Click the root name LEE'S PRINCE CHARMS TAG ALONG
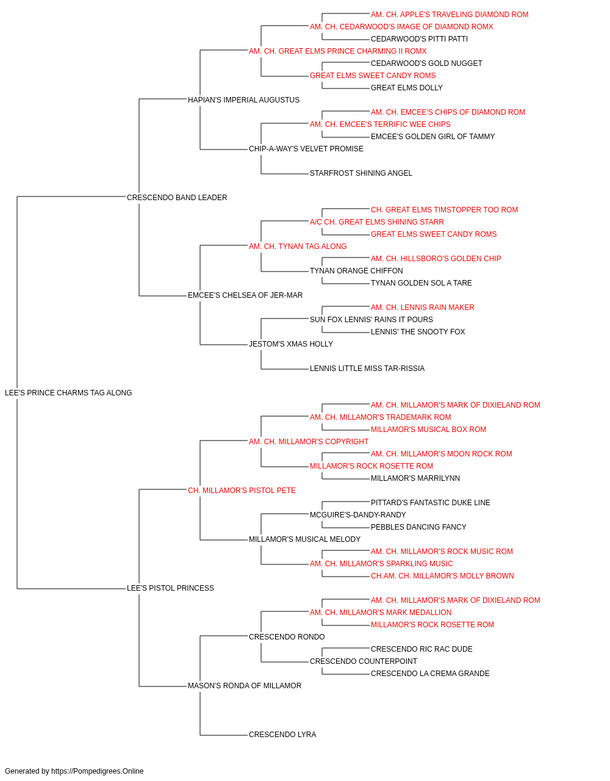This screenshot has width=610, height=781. (68, 393)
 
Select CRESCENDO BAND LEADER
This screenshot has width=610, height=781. (177, 198)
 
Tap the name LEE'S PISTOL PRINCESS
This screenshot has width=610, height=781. (170, 588)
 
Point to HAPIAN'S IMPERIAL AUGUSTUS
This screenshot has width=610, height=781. (243, 100)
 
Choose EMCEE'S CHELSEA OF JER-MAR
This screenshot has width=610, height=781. (245, 295)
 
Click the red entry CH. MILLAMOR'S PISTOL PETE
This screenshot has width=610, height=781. (242, 491)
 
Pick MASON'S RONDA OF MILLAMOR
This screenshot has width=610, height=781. (245, 686)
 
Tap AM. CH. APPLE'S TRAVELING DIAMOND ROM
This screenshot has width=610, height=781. (450, 15)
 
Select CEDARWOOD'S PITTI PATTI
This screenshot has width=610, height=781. (419, 39)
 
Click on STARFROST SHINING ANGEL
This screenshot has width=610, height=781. (361, 173)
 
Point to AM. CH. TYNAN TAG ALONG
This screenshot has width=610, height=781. (298, 247)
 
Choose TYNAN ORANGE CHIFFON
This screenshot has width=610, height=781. (356, 271)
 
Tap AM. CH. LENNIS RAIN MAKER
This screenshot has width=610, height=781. (423, 308)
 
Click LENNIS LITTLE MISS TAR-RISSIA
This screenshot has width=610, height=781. (367, 369)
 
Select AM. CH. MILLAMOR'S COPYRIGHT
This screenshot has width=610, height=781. (309, 442)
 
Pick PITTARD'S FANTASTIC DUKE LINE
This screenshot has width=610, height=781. (431, 503)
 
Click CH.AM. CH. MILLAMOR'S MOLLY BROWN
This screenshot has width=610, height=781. (442, 576)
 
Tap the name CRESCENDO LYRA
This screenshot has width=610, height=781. (282, 735)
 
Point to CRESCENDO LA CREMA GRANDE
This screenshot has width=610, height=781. (430, 674)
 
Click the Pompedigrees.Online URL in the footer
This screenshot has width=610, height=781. (97, 771)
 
